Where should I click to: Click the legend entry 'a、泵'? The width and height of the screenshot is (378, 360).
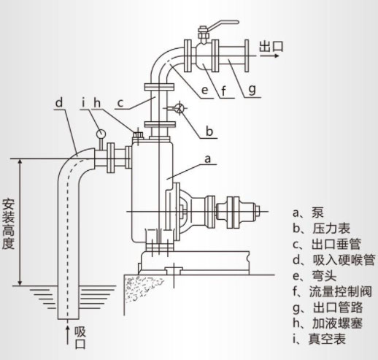309,214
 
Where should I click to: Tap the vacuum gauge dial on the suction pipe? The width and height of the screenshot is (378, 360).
99,134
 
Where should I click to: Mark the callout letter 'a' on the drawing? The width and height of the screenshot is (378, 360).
208,156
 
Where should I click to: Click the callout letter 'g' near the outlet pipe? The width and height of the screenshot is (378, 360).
252,91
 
